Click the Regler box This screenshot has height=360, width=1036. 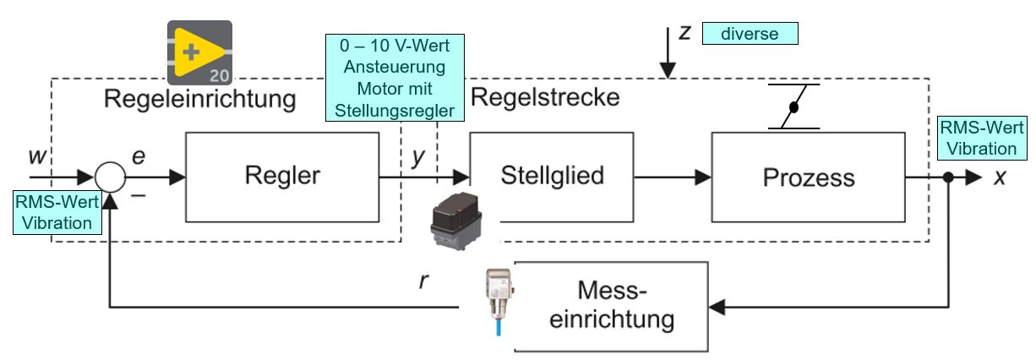click(x=282, y=177)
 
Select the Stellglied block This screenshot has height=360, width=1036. click(x=552, y=177)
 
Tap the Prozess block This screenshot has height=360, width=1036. click(x=808, y=177)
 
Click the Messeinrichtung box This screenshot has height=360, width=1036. click(x=613, y=307)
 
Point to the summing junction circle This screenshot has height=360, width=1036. click(x=110, y=177)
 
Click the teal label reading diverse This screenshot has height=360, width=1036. click(x=749, y=34)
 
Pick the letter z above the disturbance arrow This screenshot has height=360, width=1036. click(x=685, y=32)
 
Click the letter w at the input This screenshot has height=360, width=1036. click(x=36, y=156)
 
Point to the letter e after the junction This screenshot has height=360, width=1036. click(x=139, y=157)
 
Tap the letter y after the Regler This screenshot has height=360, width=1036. click(x=418, y=156)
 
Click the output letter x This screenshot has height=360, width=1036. click(x=1001, y=177)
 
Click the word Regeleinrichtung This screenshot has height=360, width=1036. click(x=199, y=99)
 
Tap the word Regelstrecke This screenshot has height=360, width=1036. click(x=544, y=96)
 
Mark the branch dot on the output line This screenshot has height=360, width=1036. click(x=949, y=177)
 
